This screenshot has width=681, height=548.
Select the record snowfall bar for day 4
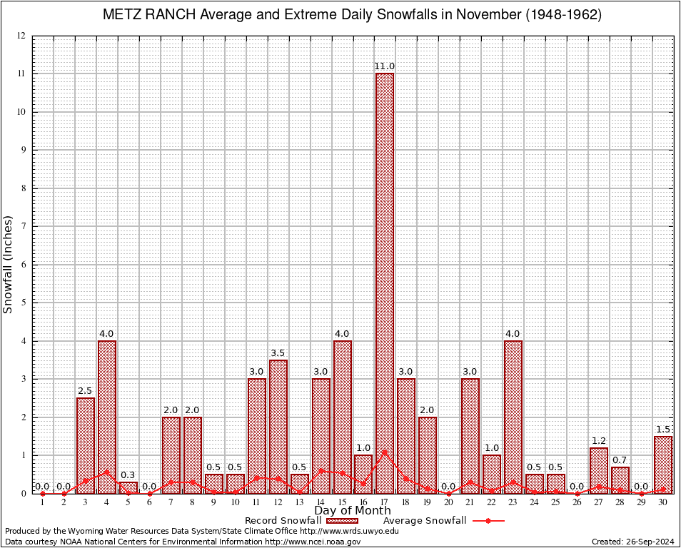107,417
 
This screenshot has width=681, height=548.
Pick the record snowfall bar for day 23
513,417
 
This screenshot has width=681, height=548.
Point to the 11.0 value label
385,66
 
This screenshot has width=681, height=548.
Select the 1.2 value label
599,440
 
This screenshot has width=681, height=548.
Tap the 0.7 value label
620,460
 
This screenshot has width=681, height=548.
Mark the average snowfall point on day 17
385,451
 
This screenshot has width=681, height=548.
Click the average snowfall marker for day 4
107,472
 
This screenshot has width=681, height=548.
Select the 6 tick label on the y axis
24,265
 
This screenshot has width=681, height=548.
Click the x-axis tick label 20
449,502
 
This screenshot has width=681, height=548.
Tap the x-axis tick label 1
43,502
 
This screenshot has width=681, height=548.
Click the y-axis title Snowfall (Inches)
9,265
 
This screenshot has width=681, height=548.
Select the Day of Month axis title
353,510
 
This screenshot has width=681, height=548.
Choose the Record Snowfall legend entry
283,520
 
